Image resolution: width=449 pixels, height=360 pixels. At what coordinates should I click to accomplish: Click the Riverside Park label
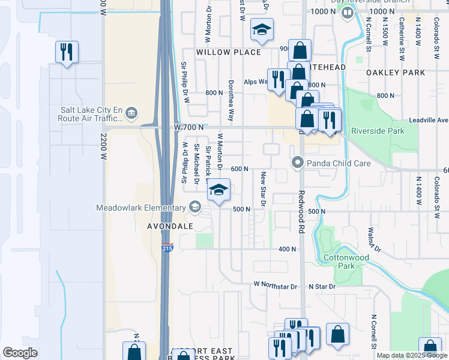[x=378, y=131]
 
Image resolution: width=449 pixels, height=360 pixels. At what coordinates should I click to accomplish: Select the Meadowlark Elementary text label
[x=141, y=208]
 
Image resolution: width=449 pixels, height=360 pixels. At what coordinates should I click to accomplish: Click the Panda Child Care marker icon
[x=297, y=163]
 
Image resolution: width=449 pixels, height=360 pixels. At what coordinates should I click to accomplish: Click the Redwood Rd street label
[x=302, y=213]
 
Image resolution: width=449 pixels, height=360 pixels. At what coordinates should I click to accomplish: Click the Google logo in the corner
[x=20, y=352]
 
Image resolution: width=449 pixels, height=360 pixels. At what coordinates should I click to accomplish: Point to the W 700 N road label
[x=189, y=127]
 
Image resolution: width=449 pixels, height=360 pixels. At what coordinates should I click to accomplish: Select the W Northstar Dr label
[x=276, y=286]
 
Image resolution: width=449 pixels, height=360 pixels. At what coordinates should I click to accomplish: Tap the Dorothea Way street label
[x=231, y=100]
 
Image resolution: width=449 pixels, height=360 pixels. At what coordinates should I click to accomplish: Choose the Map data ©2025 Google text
[x=411, y=355]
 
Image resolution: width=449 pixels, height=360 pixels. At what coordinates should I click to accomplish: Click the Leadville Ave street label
[x=429, y=120]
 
